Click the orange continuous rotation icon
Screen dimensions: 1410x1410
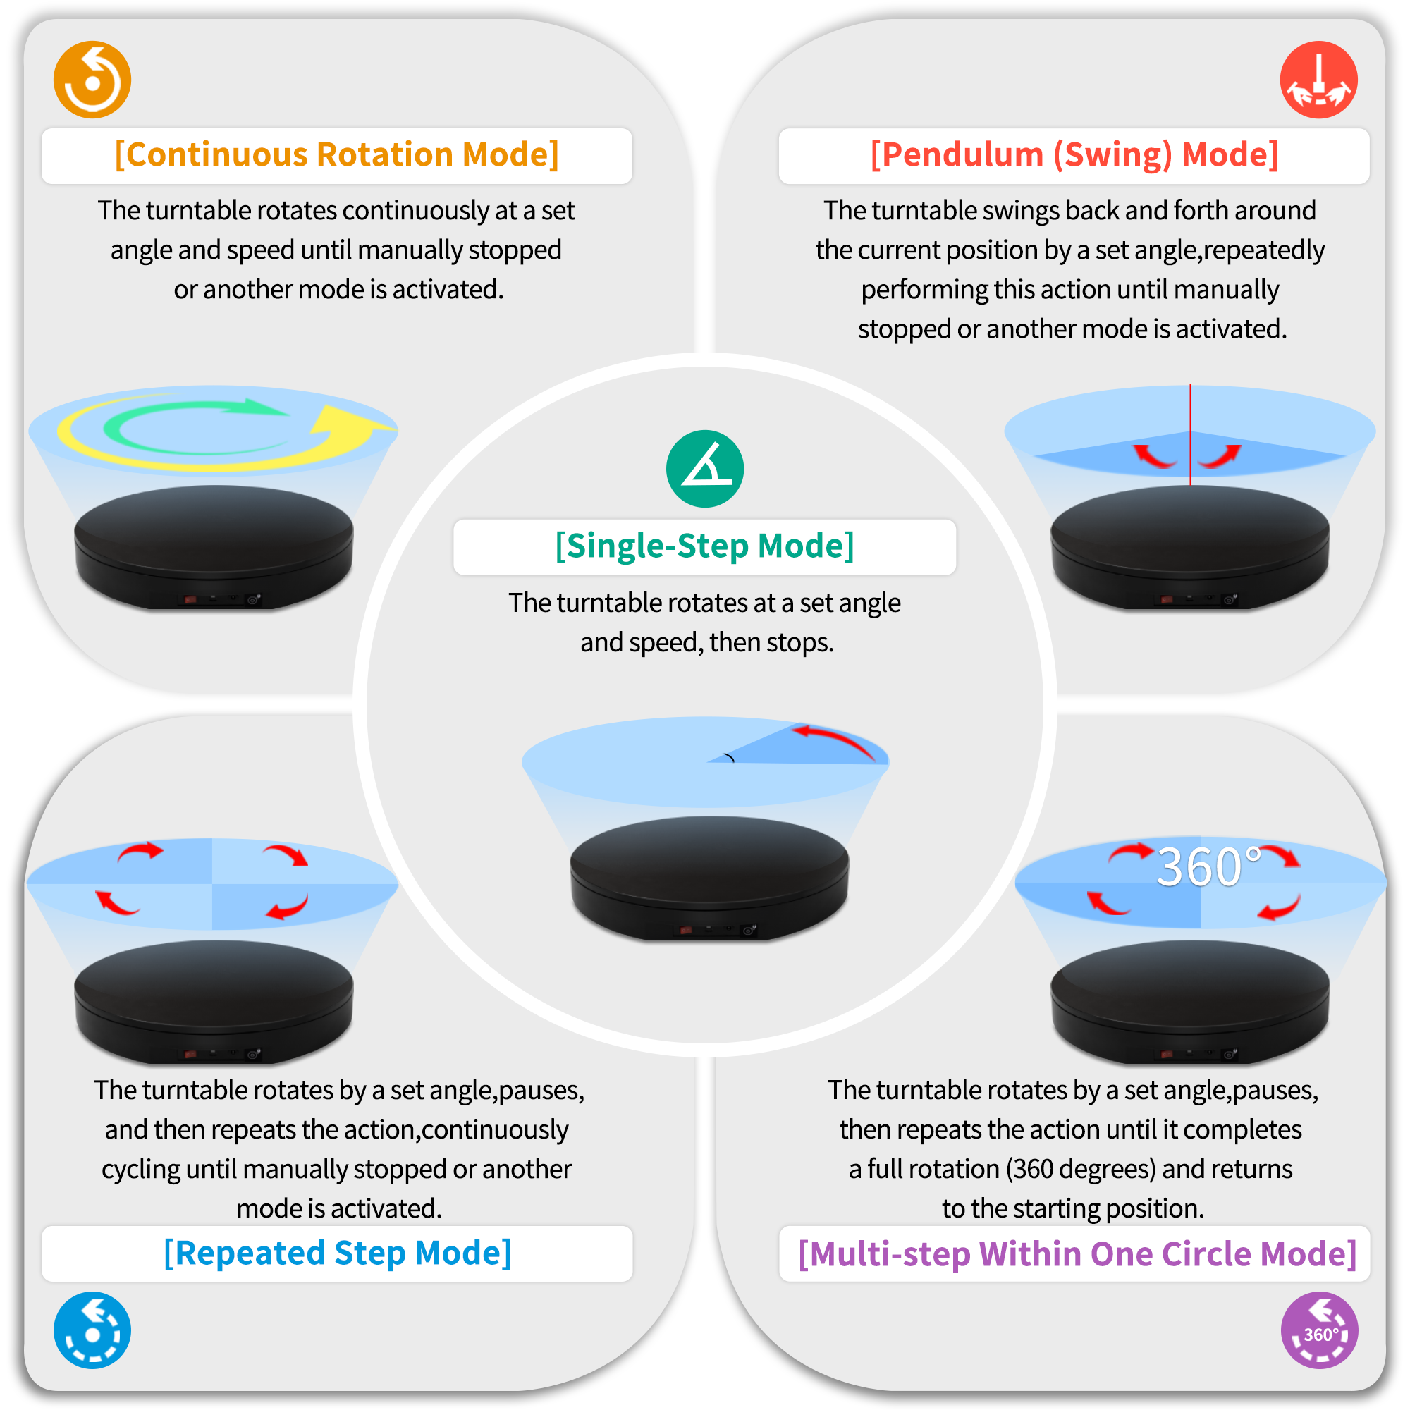coord(92,80)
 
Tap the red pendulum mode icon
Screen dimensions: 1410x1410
coord(1318,80)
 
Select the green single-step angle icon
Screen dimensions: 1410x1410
coord(705,469)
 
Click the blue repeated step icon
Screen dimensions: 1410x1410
coord(92,1330)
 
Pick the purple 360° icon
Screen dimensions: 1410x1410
coord(1319,1330)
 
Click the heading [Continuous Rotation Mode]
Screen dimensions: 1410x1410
coord(337,154)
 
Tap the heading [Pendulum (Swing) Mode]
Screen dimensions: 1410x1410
coord(1074,154)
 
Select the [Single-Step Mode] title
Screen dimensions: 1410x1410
coord(705,546)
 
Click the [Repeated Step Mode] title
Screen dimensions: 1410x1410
coord(337,1253)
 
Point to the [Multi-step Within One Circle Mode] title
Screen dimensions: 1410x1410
coord(1077,1253)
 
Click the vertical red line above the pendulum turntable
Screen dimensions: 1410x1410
coord(1190,434)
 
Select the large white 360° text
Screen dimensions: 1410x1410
coord(1209,867)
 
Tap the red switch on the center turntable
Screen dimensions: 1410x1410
coord(686,931)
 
